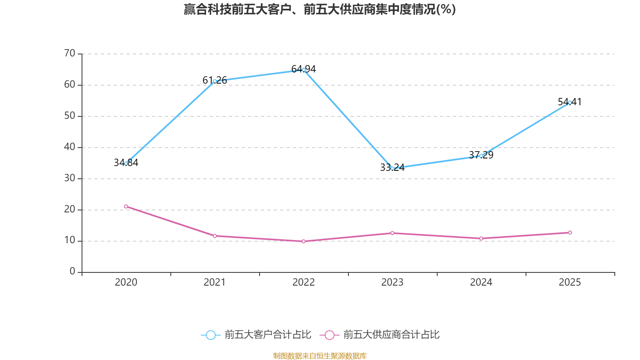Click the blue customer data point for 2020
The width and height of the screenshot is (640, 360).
(126, 163)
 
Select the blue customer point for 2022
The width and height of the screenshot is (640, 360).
(304, 70)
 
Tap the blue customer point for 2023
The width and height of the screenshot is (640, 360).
(392, 168)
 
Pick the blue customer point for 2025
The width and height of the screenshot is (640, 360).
(570, 102)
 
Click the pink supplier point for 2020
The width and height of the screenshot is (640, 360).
(126, 206)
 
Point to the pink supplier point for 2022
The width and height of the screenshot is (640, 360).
(304, 241)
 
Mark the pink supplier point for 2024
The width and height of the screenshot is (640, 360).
(481, 238)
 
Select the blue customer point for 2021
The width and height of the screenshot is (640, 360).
(215, 81)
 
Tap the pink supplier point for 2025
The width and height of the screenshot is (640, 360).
(570, 232)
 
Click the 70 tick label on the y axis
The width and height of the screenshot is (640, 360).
(70, 53)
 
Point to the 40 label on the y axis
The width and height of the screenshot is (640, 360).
(70, 147)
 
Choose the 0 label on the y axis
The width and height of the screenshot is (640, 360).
(72, 272)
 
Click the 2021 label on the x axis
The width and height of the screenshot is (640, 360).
(215, 282)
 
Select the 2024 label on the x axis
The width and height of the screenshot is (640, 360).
(481, 282)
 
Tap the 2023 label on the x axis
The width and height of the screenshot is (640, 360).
(392, 282)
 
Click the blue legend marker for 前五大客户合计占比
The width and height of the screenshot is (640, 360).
(211, 335)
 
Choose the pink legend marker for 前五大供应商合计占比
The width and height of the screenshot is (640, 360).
(330, 335)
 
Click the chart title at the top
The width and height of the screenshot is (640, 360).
(320, 9)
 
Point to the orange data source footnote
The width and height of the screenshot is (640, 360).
(320, 356)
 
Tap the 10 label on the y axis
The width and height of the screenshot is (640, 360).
(70, 240)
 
